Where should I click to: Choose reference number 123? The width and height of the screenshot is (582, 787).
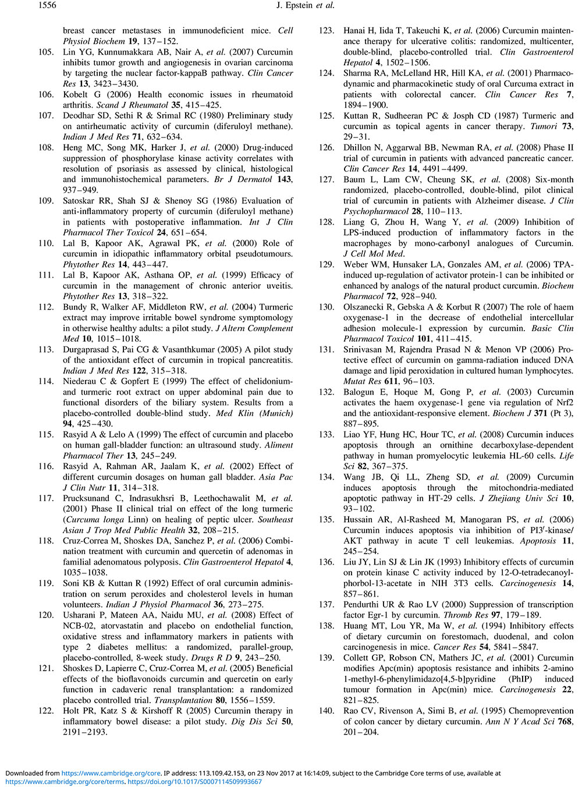click(x=327, y=30)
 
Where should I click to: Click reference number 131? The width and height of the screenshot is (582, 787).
click(x=327, y=349)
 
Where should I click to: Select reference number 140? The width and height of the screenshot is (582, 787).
click(x=327, y=711)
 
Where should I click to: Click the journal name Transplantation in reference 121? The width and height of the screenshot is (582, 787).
click(x=181, y=700)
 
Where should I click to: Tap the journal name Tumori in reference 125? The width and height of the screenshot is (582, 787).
click(x=546, y=126)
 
